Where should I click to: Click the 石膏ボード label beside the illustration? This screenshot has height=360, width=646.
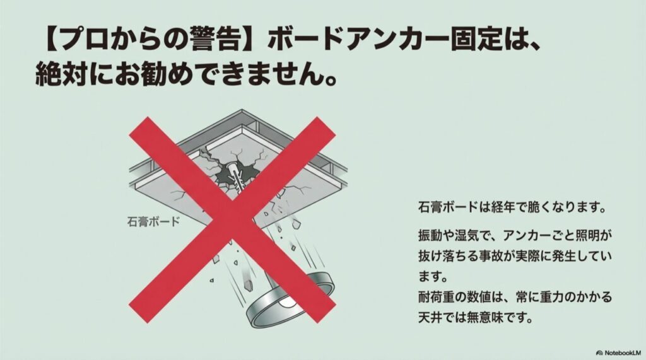coord(153,222)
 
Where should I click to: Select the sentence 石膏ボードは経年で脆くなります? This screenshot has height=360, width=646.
coord(512,207)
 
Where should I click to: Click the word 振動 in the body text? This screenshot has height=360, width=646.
coord(430,233)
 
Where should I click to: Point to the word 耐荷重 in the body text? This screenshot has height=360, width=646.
coord(439,296)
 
